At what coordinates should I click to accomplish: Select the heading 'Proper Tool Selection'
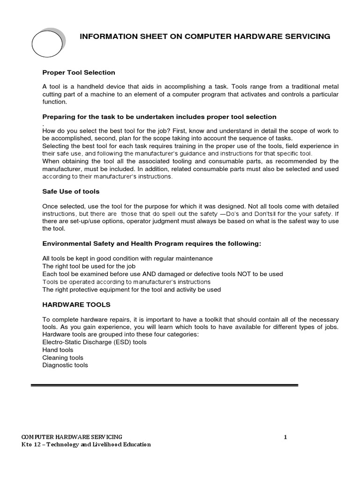click(79, 73)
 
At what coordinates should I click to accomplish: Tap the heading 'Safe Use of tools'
click(71, 192)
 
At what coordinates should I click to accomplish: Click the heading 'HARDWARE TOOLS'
click(76, 304)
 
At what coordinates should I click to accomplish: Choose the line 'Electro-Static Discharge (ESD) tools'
click(94, 342)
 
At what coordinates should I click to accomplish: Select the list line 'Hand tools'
click(58, 350)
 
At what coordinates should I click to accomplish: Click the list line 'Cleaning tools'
click(63, 358)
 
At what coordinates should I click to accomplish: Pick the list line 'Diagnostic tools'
click(65, 365)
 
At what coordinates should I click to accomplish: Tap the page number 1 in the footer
click(285, 437)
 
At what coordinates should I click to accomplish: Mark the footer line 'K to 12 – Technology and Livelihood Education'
click(86, 445)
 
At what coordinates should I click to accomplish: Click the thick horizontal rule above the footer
click(164, 385)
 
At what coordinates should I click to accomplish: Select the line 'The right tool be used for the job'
click(89, 266)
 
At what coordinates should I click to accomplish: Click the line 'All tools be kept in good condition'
click(127, 258)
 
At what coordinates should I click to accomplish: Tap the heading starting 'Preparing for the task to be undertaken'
click(159, 117)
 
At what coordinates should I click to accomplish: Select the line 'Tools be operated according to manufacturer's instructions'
click(126, 282)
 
